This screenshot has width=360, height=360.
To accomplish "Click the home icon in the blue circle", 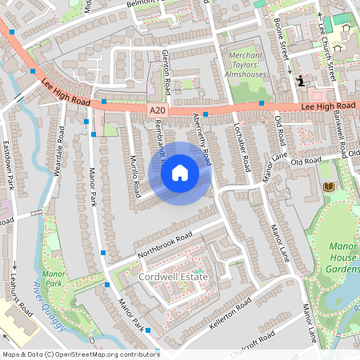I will pos(180,173).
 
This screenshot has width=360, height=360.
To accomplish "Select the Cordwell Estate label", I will pos(173,277).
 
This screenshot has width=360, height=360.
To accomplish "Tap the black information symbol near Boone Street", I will pos(301,80).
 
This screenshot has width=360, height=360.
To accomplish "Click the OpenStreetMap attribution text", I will pos(80,354).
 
